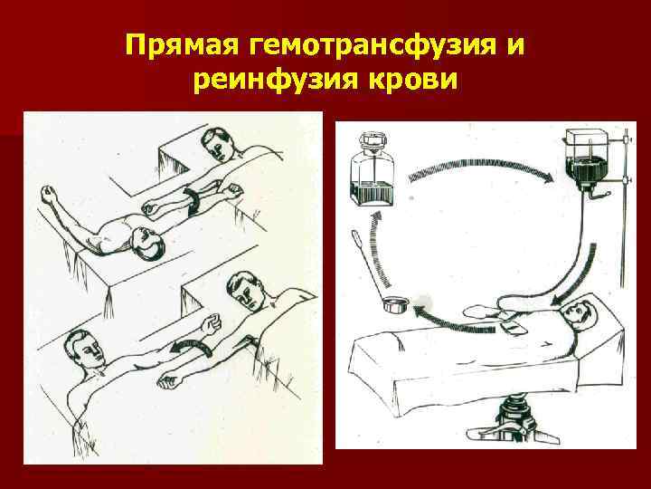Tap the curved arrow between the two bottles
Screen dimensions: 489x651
click(479, 163)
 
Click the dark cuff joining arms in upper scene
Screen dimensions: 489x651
click(194, 200)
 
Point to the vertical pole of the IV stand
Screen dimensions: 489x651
click(617, 226)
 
